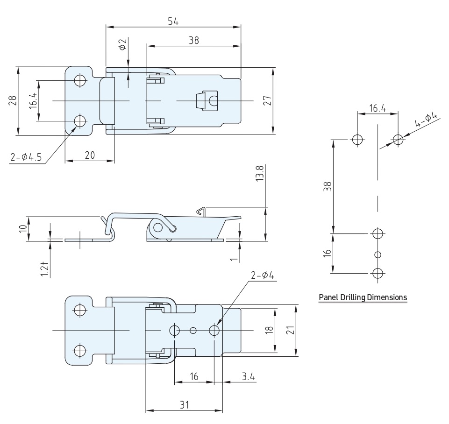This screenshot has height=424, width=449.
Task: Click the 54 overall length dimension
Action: click(x=173, y=21)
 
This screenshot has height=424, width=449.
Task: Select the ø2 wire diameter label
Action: click(x=122, y=44)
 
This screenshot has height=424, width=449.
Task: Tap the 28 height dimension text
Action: click(x=13, y=100)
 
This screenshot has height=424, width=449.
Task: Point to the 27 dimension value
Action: click(x=267, y=100)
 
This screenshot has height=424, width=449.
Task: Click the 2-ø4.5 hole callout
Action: click(x=26, y=157)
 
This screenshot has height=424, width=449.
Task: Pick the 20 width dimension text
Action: click(x=90, y=155)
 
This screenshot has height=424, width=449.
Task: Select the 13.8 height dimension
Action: click(x=260, y=173)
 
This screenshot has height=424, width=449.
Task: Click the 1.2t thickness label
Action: click(x=44, y=269)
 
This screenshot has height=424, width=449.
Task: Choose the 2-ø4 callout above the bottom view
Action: click(x=263, y=275)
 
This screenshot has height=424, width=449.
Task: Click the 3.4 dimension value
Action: click(x=248, y=376)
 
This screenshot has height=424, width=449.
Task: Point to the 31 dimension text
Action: click(x=185, y=405)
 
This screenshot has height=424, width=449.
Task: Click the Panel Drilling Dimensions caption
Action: click(x=363, y=297)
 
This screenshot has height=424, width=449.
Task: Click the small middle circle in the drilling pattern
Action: click(x=378, y=254)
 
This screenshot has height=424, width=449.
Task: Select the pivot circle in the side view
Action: click(x=158, y=228)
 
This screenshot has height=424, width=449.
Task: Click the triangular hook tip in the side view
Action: click(x=201, y=211)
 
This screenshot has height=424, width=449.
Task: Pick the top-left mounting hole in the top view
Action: click(x=80, y=80)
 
